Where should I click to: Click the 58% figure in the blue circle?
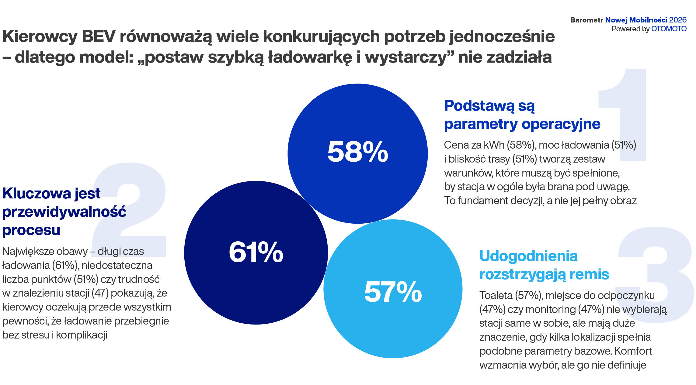357,152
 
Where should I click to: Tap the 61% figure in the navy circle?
256,252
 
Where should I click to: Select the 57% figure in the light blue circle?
393,292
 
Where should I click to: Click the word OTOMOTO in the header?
669,29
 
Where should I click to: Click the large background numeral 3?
654,273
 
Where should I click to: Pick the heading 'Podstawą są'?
489,106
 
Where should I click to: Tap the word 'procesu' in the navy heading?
31,230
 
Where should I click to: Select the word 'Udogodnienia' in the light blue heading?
528,256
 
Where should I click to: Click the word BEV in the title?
99,36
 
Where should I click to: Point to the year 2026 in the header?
678,20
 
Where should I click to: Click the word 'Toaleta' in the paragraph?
496,295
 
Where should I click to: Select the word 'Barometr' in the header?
586,20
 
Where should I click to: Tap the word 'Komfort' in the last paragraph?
633,351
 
